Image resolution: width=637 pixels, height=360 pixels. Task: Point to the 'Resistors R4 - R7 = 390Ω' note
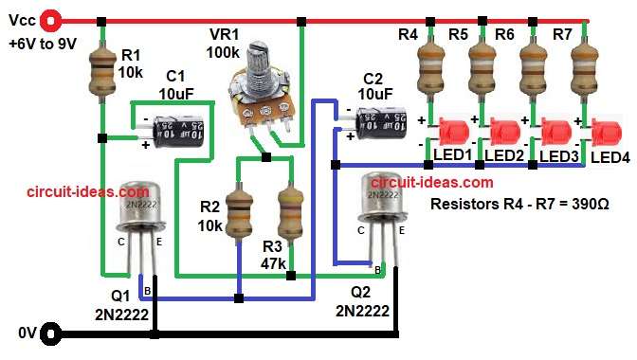[x=519, y=203]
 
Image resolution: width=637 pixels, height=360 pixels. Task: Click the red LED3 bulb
[x=556, y=133]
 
